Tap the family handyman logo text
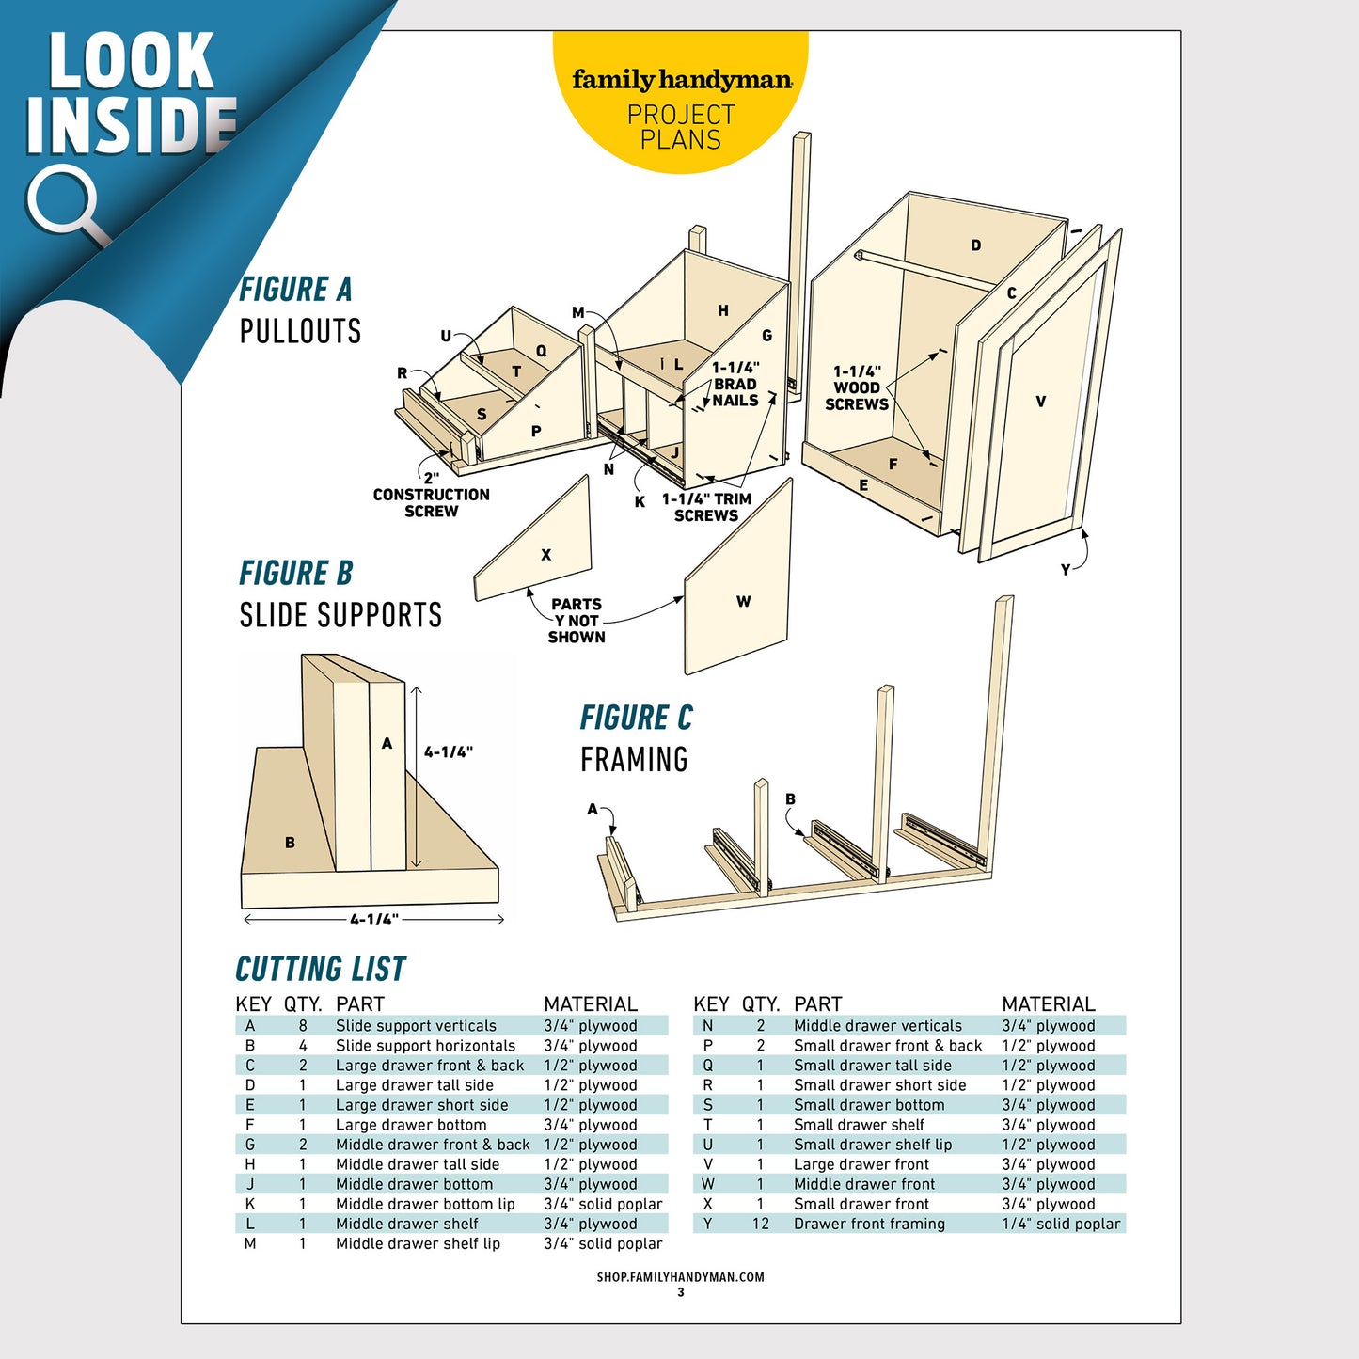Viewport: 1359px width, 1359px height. (681, 80)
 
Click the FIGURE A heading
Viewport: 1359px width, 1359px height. (295, 290)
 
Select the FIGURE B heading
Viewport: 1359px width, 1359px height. (295, 573)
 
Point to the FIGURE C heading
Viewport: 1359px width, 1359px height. (636, 718)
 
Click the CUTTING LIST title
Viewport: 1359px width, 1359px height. (320, 969)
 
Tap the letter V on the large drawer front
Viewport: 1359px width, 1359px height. (1040, 402)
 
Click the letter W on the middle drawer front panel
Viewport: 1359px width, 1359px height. (743, 602)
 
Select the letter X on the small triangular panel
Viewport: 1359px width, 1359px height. (545, 555)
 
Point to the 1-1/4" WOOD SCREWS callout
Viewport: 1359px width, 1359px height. (857, 388)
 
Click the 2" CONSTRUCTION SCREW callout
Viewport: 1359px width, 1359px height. (431, 496)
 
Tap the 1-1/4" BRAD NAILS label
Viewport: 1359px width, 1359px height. (735, 385)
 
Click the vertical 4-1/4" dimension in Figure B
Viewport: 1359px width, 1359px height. (448, 752)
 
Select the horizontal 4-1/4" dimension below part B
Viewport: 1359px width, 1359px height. (374, 920)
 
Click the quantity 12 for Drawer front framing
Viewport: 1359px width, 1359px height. (760, 1224)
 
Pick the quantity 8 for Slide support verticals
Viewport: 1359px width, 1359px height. (303, 1026)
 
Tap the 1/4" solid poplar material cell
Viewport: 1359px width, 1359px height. (1061, 1224)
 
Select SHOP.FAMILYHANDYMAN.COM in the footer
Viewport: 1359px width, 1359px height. (680, 1277)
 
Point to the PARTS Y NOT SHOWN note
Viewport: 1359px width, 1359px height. (577, 621)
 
